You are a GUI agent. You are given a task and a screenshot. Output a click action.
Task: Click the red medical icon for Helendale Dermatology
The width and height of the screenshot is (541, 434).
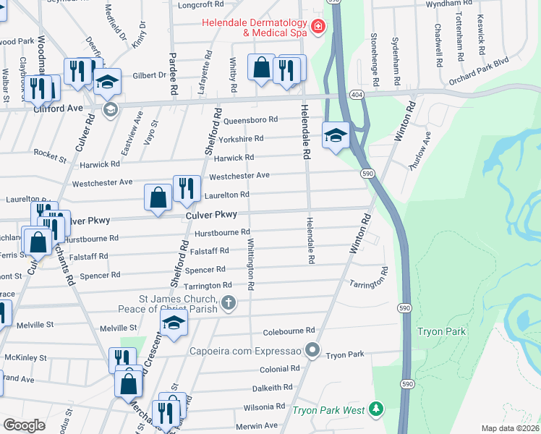point(317,27)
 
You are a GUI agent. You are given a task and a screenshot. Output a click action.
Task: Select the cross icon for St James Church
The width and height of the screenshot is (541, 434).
point(228,302)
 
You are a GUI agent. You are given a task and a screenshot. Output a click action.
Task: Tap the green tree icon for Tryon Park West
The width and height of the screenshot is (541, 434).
point(375,409)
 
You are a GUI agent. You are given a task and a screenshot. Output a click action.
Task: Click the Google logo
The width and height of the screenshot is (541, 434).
point(24,425)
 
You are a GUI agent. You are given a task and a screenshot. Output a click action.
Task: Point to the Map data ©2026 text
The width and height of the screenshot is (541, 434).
point(510,427)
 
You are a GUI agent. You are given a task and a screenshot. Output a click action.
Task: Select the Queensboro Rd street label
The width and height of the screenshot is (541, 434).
point(251,119)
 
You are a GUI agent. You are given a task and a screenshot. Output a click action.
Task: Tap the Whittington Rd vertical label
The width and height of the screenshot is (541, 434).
point(250,264)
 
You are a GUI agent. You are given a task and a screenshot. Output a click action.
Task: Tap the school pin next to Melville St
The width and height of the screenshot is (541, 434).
point(174,325)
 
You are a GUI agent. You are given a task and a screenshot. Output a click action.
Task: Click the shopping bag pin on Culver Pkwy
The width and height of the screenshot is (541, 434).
point(158,197)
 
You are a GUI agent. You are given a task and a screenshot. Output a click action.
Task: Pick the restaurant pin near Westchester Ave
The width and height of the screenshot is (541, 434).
point(187,188)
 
